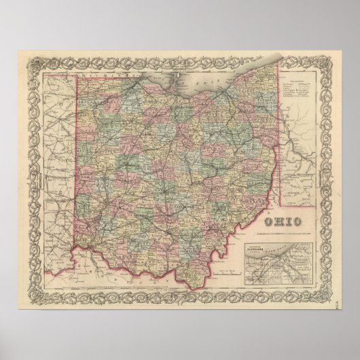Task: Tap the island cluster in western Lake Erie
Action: click(173, 78)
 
